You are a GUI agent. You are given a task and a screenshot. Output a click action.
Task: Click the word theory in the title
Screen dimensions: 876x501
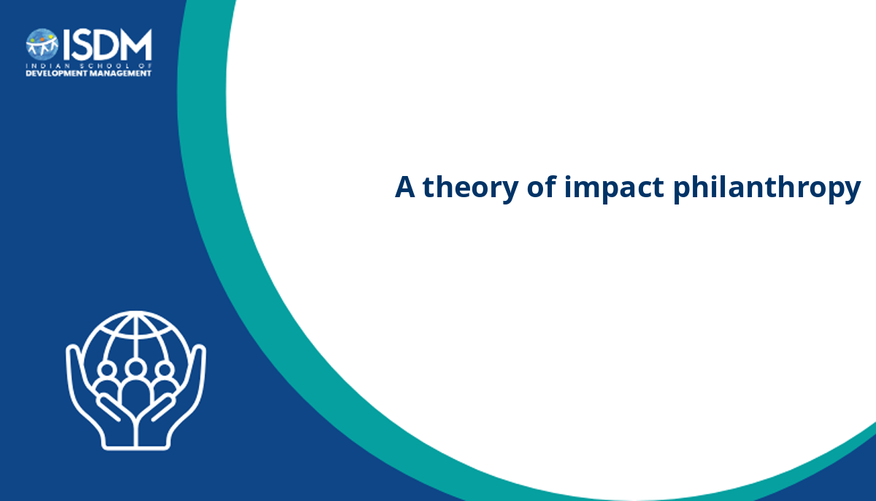[x=470, y=188]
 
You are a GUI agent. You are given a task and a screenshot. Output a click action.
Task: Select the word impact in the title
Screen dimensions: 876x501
[x=614, y=188]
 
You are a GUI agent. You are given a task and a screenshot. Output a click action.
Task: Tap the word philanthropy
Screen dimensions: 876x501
[x=767, y=188]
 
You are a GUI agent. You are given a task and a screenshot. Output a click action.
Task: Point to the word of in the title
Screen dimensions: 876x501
[x=542, y=186]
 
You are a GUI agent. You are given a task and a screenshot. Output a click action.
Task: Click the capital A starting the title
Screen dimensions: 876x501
[x=404, y=187]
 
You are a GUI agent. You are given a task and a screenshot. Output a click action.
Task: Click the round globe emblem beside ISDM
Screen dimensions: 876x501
[x=42, y=44]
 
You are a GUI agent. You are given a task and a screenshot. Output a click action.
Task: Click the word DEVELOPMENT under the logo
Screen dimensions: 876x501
[x=57, y=74]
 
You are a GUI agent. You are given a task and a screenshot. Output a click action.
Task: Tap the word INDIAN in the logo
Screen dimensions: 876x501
[x=48, y=66]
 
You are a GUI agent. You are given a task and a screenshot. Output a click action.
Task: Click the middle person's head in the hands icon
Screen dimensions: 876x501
[x=136, y=368]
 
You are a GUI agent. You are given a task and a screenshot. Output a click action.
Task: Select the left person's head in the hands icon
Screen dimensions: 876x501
[x=107, y=370]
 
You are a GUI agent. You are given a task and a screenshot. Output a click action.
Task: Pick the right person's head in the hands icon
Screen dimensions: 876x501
[x=165, y=370]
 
